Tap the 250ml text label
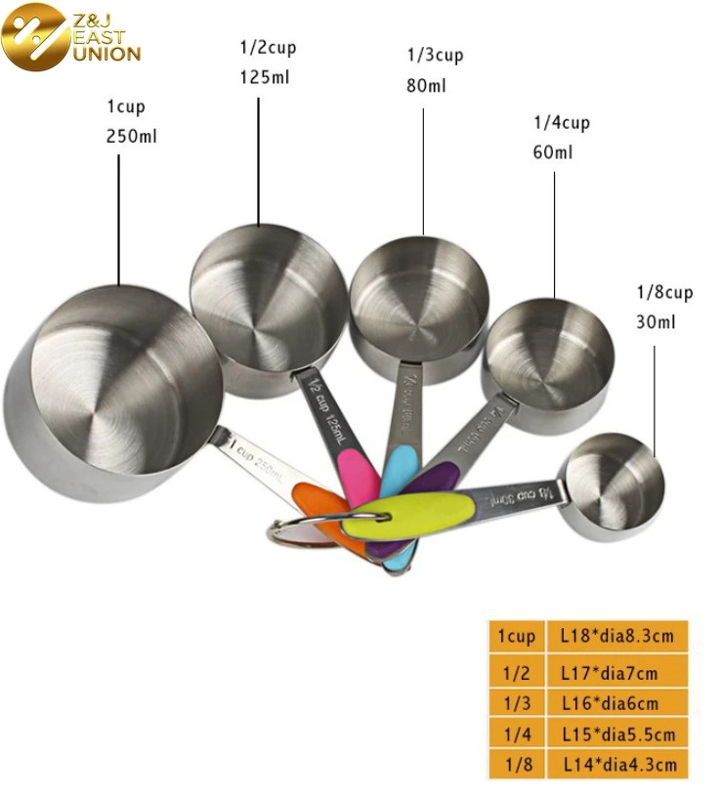[131, 137]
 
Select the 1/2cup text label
[268, 48]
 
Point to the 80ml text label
[426, 85]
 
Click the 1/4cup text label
[561, 123]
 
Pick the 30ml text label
[657, 322]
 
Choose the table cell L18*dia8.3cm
[616, 637]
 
